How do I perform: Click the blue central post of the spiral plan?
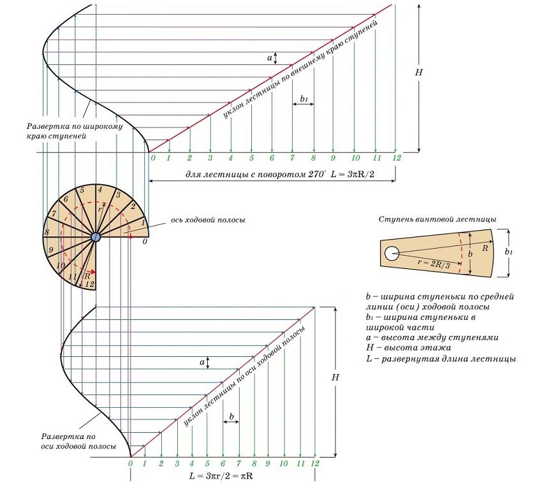[95, 237]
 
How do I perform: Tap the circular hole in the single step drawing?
[390, 254]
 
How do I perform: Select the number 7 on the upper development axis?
[292, 158]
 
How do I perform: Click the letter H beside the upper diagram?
[419, 72]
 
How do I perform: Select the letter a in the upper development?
[270, 58]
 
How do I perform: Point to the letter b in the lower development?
[231, 417]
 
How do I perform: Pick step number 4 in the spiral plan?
[99, 189]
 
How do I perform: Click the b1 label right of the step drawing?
[508, 252]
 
